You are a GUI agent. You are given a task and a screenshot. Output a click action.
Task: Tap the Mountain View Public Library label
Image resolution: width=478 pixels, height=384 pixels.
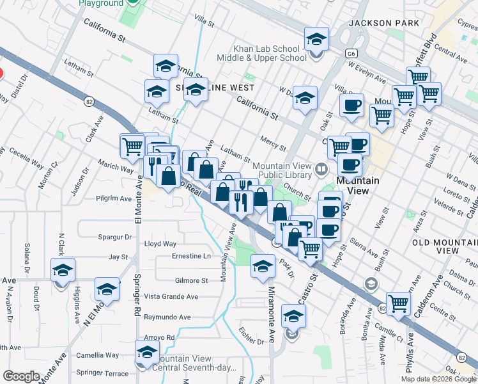click(x=282, y=171)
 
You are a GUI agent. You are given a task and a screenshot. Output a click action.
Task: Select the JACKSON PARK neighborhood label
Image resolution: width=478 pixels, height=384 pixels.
click(x=384, y=23)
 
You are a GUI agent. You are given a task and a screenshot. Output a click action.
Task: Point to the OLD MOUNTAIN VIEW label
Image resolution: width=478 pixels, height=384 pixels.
click(x=445, y=246)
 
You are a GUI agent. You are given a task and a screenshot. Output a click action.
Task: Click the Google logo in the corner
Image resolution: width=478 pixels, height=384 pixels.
click(x=21, y=376)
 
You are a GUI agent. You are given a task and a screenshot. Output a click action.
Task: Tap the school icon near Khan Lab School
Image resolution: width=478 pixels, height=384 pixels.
click(x=316, y=40)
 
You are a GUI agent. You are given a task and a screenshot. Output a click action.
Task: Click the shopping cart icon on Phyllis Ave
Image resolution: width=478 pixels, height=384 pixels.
click(x=399, y=303)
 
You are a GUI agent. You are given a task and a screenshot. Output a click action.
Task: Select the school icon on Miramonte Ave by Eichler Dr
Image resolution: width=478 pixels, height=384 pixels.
click(x=293, y=316)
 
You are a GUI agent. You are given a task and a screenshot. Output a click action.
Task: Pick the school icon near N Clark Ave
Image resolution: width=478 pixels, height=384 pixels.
click(x=63, y=271)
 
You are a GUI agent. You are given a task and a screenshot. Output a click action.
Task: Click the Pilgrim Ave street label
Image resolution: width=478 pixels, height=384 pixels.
click(x=114, y=198)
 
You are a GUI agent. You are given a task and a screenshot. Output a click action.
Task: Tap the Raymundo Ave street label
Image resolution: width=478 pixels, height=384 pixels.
click(x=167, y=317)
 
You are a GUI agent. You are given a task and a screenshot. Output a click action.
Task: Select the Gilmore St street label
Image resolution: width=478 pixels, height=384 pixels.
click(x=191, y=280)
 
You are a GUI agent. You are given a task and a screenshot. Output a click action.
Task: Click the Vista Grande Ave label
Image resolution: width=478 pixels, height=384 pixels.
click(x=171, y=296)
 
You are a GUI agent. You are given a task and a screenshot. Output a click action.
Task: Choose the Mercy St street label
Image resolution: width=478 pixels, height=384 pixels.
click(x=273, y=139)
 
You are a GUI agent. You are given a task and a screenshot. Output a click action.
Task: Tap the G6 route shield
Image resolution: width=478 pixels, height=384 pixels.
click(x=351, y=54)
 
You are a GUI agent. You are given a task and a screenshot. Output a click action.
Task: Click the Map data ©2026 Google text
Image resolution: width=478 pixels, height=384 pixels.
click(x=438, y=379)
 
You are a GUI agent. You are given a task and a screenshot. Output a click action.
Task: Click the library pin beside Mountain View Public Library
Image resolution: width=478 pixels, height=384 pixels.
click(x=321, y=169)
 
